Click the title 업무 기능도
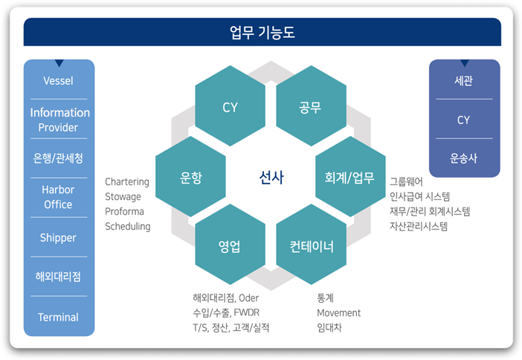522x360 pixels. click(x=262, y=32)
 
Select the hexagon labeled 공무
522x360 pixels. click(x=312, y=106)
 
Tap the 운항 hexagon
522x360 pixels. click(x=190, y=176)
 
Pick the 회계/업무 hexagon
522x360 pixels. click(x=350, y=176)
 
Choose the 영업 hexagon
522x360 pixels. click(x=230, y=245)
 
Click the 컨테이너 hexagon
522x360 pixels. click(x=312, y=245)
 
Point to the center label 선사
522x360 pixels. click(x=271, y=177)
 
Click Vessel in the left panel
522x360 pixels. click(x=58, y=81)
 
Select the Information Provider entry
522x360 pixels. click(x=60, y=120)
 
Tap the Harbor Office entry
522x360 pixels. click(x=58, y=197)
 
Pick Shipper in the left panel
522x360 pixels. click(x=58, y=238)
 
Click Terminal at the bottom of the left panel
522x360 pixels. click(x=58, y=317)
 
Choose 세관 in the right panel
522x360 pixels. click(x=463, y=80)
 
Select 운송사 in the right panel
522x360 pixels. click(x=463, y=158)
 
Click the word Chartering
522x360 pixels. click(x=127, y=181)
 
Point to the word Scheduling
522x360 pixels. click(x=128, y=226)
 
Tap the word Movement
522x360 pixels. click(x=338, y=312)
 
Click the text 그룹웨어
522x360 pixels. click(x=406, y=181)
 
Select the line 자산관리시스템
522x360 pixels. click(x=419, y=226)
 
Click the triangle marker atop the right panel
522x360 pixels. click(x=465, y=63)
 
